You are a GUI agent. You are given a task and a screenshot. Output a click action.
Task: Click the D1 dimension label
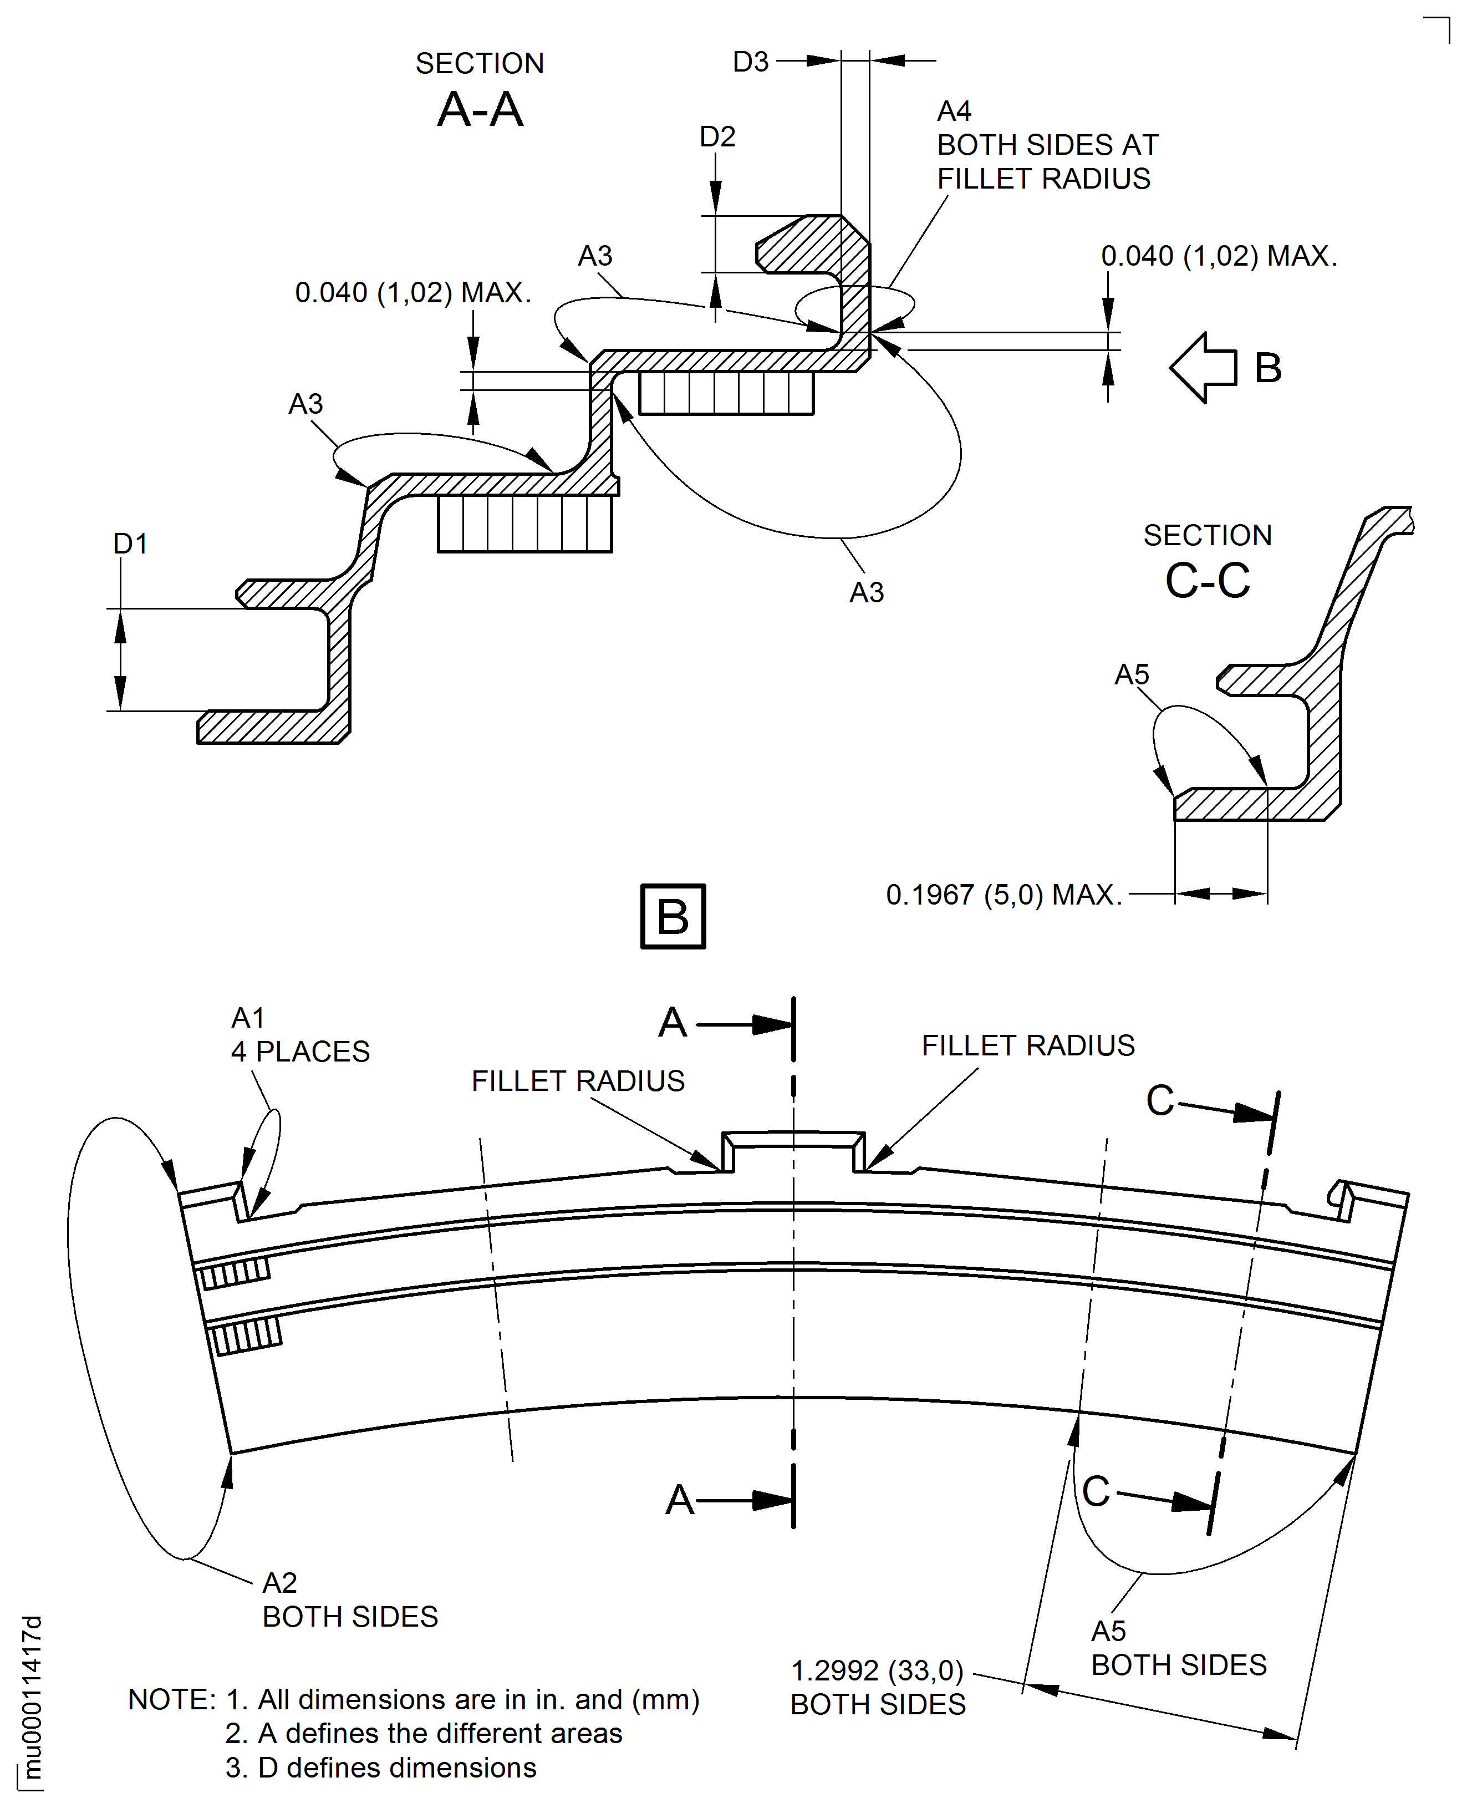coord(130,544)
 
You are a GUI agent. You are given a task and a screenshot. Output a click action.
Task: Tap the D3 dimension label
coord(750,62)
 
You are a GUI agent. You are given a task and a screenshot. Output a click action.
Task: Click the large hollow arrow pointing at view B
coord(1203,368)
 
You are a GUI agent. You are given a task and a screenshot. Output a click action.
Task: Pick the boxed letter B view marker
coord(673,916)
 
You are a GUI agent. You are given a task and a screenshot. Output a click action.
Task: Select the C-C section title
coord(1207,581)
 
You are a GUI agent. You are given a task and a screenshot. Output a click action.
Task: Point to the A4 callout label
coord(954,111)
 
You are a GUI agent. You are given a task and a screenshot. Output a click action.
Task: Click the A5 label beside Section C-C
coord(1132,674)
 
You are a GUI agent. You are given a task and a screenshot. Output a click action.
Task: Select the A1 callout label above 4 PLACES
coord(248,1018)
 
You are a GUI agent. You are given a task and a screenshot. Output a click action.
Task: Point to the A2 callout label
coord(280,1582)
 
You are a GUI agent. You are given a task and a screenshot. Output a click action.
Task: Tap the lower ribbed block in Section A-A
coord(525,524)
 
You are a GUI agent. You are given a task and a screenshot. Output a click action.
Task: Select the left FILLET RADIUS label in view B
coord(578,1081)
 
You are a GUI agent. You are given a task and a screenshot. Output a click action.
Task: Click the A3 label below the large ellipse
coord(866,592)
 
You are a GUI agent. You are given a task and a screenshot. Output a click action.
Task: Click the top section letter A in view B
coord(673,1023)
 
